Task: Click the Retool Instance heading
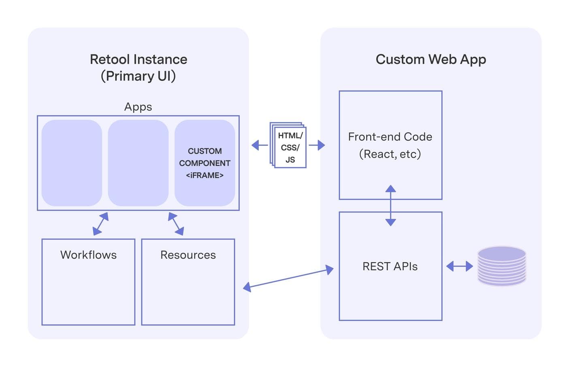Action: [139, 60]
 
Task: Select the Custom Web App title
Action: [431, 60]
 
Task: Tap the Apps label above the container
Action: [138, 107]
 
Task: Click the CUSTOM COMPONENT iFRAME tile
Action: [205, 163]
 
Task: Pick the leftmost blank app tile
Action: [72, 163]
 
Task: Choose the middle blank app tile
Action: [138, 163]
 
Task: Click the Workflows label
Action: [88, 255]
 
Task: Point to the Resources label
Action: [188, 255]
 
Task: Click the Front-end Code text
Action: [390, 137]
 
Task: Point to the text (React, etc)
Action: [390, 154]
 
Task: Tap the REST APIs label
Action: [390, 267]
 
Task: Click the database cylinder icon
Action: [501, 266]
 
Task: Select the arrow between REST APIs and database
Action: [459, 266]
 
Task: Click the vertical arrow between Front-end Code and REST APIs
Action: [390, 205]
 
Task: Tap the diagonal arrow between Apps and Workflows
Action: [100, 224]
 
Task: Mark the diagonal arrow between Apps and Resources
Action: [176, 224]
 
